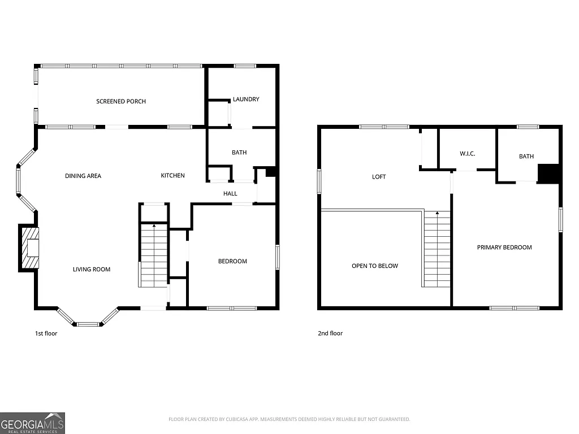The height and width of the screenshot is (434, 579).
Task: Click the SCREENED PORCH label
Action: (x=121, y=101)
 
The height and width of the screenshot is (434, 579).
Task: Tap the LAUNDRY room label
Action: (x=246, y=99)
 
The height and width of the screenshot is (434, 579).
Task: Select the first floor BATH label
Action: (x=239, y=153)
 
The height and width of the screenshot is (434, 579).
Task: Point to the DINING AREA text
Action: (x=83, y=176)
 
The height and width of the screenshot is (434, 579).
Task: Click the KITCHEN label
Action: (x=173, y=176)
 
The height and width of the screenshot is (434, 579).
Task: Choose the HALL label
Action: (x=230, y=194)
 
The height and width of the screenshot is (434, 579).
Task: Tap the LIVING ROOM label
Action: (x=92, y=270)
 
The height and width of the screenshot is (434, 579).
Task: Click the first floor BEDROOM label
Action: (x=233, y=261)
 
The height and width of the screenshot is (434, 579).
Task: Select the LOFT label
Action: (x=379, y=177)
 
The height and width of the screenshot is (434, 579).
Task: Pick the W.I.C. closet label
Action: (x=468, y=154)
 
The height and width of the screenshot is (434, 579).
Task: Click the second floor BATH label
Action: (x=526, y=157)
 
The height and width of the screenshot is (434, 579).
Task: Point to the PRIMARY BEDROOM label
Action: (x=504, y=248)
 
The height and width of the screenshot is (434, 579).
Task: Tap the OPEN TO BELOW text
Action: (x=375, y=266)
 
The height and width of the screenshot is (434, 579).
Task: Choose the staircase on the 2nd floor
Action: (x=437, y=249)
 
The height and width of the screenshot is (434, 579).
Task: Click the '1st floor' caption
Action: (x=46, y=333)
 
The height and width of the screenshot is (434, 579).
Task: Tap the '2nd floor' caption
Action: (x=330, y=333)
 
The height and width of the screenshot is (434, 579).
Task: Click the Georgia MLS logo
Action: (x=33, y=423)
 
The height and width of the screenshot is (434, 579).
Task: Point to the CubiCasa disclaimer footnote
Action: (x=289, y=419)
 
